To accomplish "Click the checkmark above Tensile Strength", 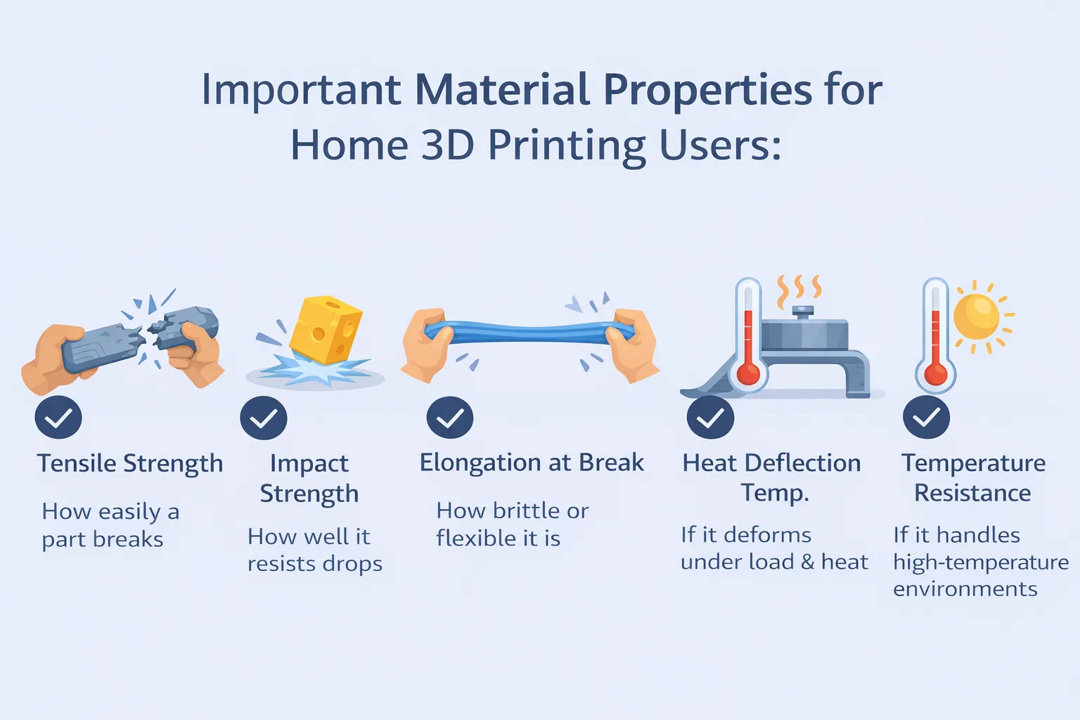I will pyautogui.click(x=58, y=418).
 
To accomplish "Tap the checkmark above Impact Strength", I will pyautogui.click(x=264, y=418).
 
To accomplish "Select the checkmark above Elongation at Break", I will pyautogui.click(x=450, y=418).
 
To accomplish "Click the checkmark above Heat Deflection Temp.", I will pyautogui.click(x=710, y=418).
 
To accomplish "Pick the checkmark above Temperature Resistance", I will pyautogui.click(x=926, y=418).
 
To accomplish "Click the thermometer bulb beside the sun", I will pyautogui.click(x=935, y=373).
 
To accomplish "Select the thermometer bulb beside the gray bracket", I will pyautogui.click(x=748, y=373).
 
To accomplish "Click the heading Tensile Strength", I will pyautogui.click(x=130, y=464).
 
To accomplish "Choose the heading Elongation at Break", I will pyautogui.click(x=532, y=463).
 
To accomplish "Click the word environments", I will pyautogui.click(x=965, y=589).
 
